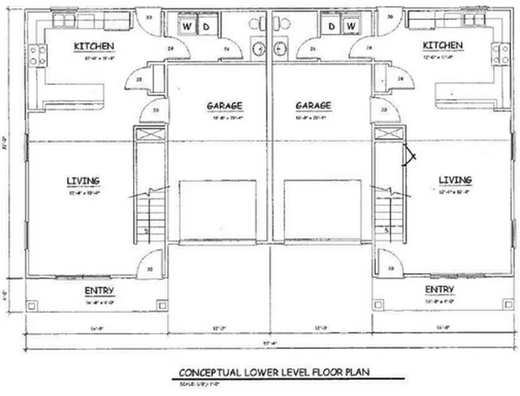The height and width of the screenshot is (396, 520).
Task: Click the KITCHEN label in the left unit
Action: (x=94, y=46)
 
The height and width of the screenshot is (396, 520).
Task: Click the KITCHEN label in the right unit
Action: (x=443, y=45)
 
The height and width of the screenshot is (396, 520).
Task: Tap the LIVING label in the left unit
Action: (x=83, y=181)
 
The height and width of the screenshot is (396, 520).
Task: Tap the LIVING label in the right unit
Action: (x=455, y=180)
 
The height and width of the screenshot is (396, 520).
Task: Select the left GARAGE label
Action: (x=224, y=106)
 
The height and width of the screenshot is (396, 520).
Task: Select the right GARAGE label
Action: (x=313, y=106)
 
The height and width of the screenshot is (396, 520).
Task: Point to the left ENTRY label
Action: (x=99, y=291)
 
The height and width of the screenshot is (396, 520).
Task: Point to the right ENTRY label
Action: (x=439, y=290)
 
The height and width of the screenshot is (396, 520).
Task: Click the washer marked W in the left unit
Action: (x=187, y=26)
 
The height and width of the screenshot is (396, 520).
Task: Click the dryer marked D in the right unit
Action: (x=332, y=26)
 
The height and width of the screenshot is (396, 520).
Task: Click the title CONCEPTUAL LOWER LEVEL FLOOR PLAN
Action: (x=274, y=373)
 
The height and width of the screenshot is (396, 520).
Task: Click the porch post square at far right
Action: (x=508, y=304)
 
